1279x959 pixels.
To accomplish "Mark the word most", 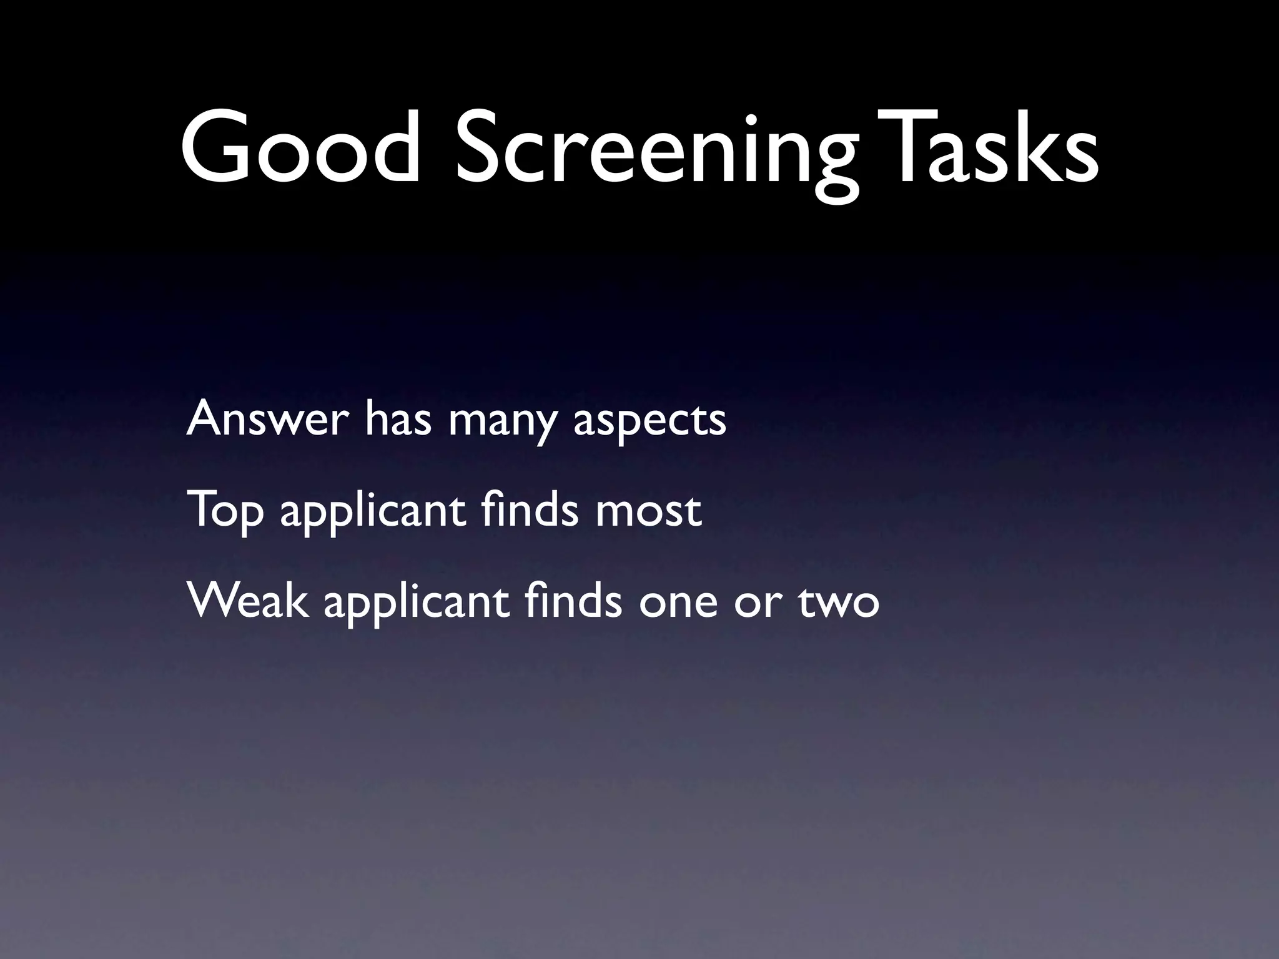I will (x=648, y=512).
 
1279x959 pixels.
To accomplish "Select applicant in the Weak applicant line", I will (x=416, y=604).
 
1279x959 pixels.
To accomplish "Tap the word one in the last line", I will (x=678, y=604).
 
